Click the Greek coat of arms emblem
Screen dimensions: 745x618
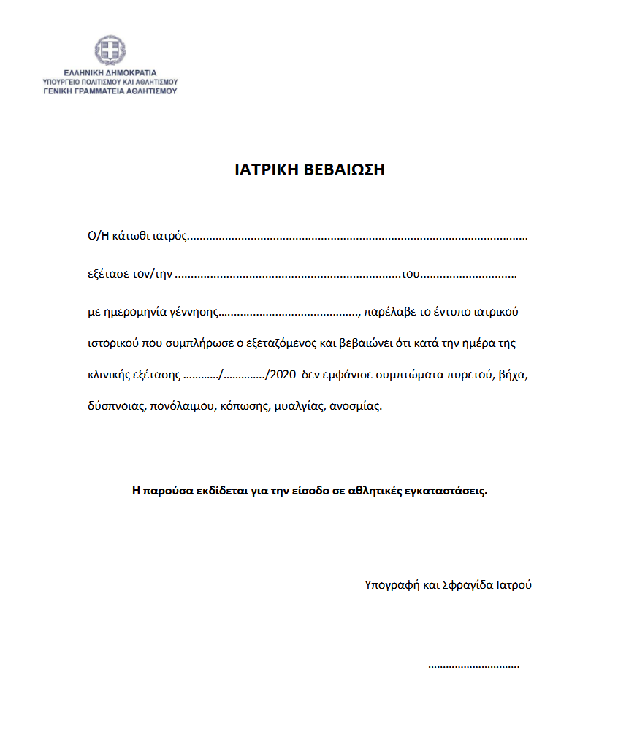pyautogui.click(x=110, y=50)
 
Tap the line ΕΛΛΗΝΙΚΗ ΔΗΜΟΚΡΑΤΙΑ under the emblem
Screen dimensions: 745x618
pyautogui.click(x=110, y=73)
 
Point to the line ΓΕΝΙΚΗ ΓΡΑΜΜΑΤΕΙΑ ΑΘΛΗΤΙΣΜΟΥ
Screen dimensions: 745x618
pyautogui.click(x=110, y=91)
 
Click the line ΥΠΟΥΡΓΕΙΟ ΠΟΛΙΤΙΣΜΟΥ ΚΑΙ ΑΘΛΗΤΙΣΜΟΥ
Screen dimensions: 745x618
pyautogui.click(x=110, y=82)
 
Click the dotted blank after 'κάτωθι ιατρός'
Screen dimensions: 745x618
pyautogui.click(x=358, y=237)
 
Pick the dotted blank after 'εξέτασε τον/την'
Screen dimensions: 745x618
pyautogui.click(x=288, y=275)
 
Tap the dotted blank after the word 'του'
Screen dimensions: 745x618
pyautogui.click(x=469, y=275)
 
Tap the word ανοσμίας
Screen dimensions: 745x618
pyautogui.click(x=356, y=406)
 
